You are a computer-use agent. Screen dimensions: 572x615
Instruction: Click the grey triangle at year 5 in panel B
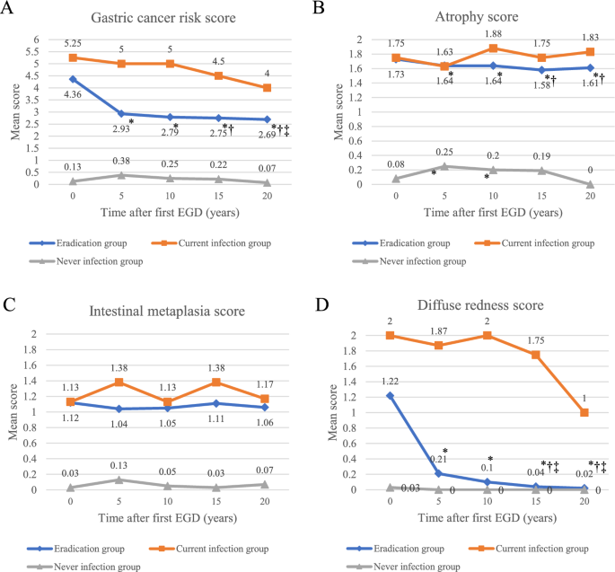444,166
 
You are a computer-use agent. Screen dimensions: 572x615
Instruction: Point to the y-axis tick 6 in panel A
37,40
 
